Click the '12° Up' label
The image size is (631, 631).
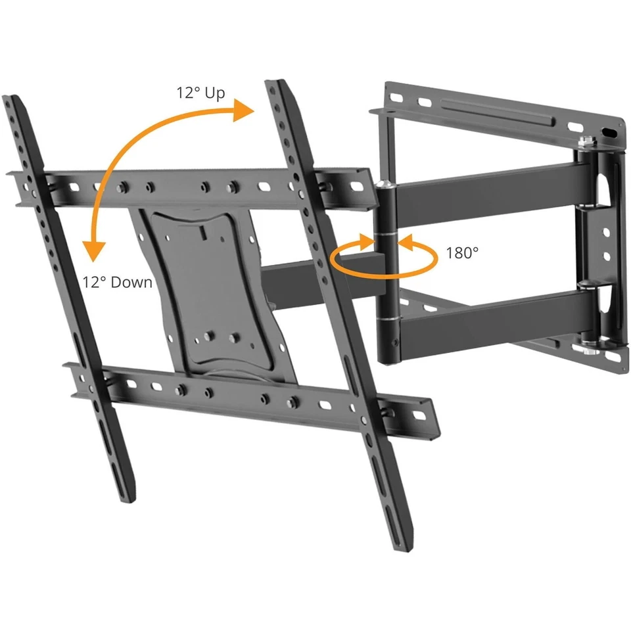click(200, 93)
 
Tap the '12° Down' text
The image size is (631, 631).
click(118, 282)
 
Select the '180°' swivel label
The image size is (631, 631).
click(463, 253)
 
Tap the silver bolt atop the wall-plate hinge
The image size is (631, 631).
click(583, 140)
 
